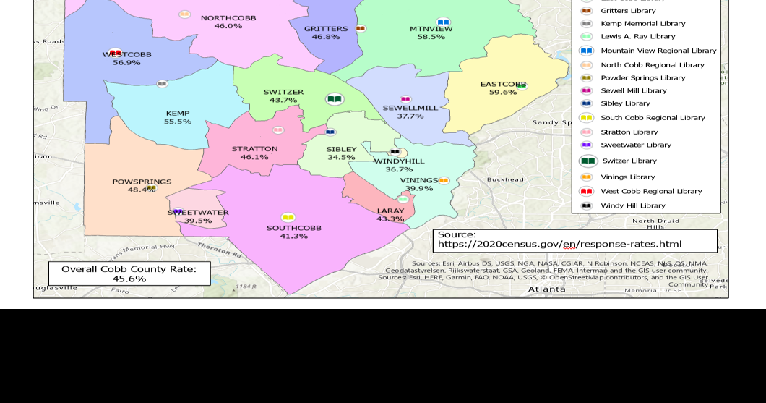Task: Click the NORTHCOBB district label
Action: [228, 17]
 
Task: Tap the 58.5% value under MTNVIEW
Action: [431, 37]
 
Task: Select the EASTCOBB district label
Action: [503, 84]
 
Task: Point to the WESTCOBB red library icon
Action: [115, 53]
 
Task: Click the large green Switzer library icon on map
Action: [334, 99]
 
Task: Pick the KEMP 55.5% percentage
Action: [178, 122]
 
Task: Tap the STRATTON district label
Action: [254, 148]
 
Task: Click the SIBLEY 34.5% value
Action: [341, 158]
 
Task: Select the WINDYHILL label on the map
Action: [399, 161]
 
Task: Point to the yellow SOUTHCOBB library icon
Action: [288, 218]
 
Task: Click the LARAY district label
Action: [390, 211]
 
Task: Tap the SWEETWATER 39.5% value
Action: [198, 221]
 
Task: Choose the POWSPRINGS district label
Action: [142, 182]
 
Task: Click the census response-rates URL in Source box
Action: [559, 245]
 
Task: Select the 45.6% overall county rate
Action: [129, 279]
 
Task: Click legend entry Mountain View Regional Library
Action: [658, 51]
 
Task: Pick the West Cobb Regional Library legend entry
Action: [651, 191]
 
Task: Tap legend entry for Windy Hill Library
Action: [632, 205]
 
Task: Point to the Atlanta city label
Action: [546, 289]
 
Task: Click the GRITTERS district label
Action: [326, 29]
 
